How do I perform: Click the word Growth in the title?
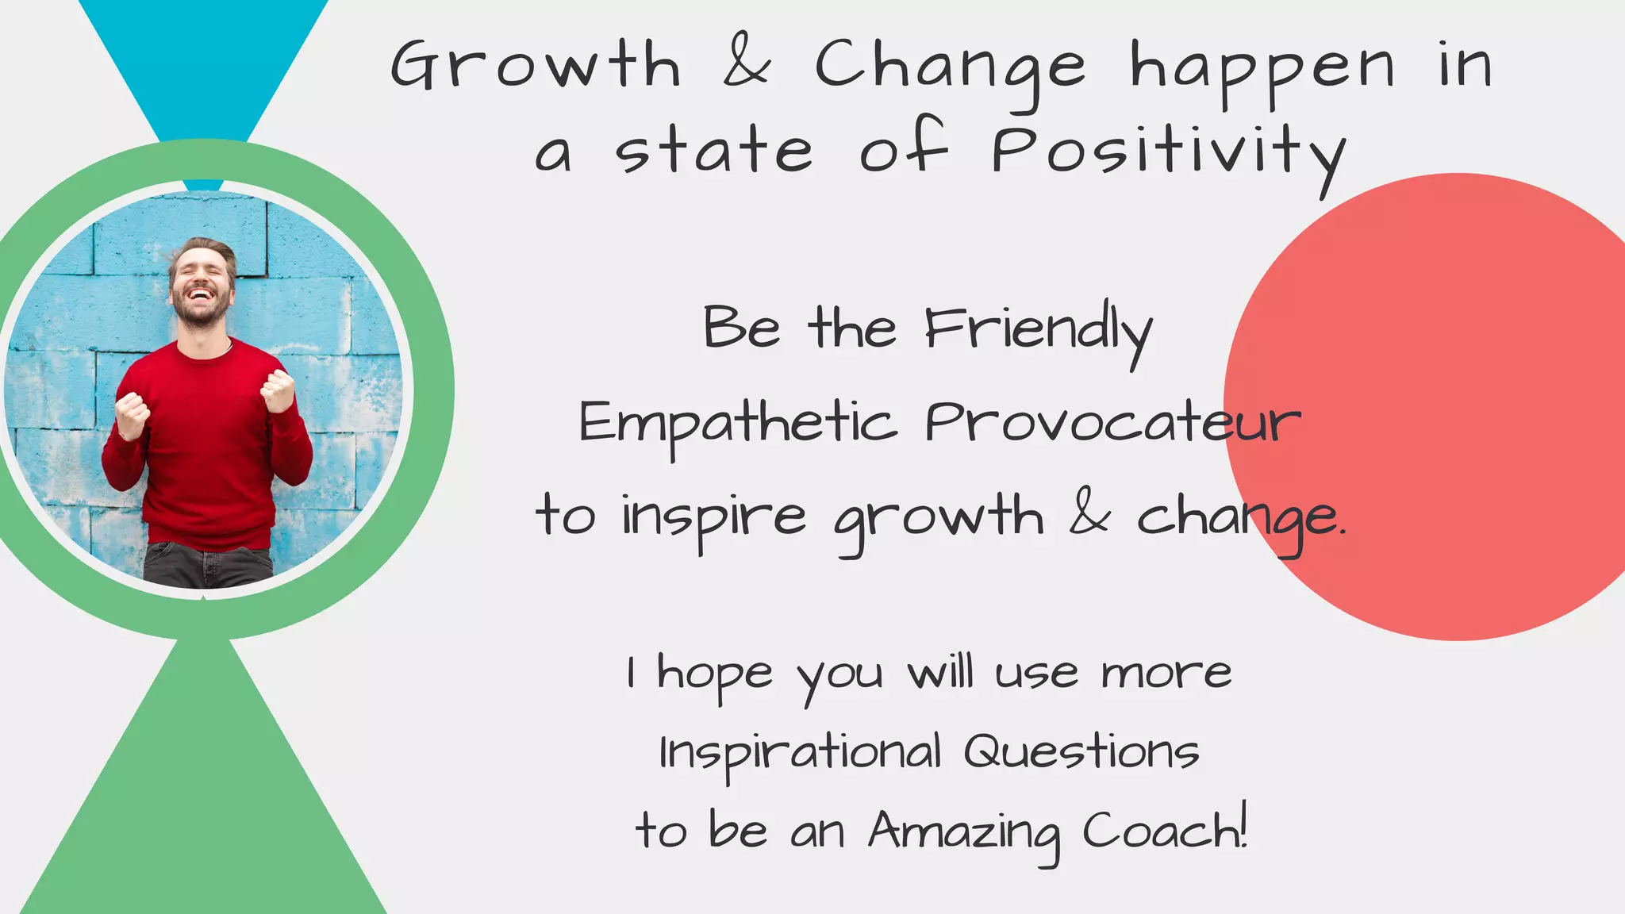(x=536, y=65)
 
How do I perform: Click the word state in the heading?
(x=714, y=151)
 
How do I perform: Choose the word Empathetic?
(x=738, y=424)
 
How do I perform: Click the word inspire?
(x=713, y=517)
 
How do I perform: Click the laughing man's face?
(x=202, y=286)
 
